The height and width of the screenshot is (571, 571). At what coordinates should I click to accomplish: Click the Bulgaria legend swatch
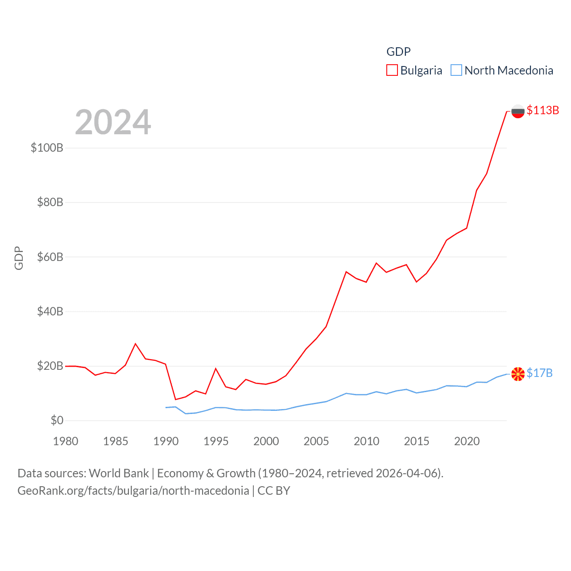pyautogui.click(x=392, y=70)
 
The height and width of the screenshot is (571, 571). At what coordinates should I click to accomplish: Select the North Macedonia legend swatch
pyautogui.click(x=456, y=70)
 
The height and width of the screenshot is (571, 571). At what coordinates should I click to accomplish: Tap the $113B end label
pyautogui.click(x=542, y=110)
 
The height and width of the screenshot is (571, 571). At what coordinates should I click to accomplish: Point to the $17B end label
pyautogui.click(x=539, y=373)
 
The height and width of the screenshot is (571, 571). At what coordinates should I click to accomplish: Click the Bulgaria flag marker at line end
pyautogui.click(x=517, y=111)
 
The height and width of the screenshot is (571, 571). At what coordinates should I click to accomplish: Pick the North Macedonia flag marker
pyautogui.click(x=517, y=374)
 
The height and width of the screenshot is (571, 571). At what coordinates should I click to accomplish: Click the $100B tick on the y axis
pyautogui.click(x=47, y=148)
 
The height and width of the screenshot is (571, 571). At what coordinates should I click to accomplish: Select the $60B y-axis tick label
pyautogui.click(x=50, y=257)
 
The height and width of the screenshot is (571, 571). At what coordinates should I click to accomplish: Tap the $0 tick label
pyautogui.click(x=57, y=420)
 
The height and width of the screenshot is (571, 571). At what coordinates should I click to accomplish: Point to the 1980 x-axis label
pyautogui.click(x=66, y=441)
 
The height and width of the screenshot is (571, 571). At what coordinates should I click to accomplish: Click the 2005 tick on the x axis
pyautogui.click(x=316, y=441)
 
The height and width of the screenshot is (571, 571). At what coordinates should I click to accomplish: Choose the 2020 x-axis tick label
pyautogui.click(x=467, y=441)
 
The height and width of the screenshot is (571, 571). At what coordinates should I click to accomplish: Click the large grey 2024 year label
pyautogui.click(x=113, y=122)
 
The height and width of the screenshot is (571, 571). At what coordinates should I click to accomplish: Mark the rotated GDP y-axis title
pyautogui.click(x=19, y=258)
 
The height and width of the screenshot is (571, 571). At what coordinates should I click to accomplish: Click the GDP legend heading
pyautogui.click(x=398, y=52)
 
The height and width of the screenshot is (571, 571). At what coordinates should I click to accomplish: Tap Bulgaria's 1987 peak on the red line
pyautogui.click(x=136, y=343)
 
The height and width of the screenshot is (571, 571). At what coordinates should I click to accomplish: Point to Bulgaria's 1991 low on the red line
pyautogui.click(x=176, y=399)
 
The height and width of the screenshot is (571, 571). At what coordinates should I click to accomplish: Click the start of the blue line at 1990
pyautogui.click(x=166, y=407)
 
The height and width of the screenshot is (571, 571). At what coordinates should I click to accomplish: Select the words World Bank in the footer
pyautogui.click(x=119, y=473)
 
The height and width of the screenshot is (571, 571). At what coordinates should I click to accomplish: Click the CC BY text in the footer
pyautogui.click(x=274, y=491)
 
